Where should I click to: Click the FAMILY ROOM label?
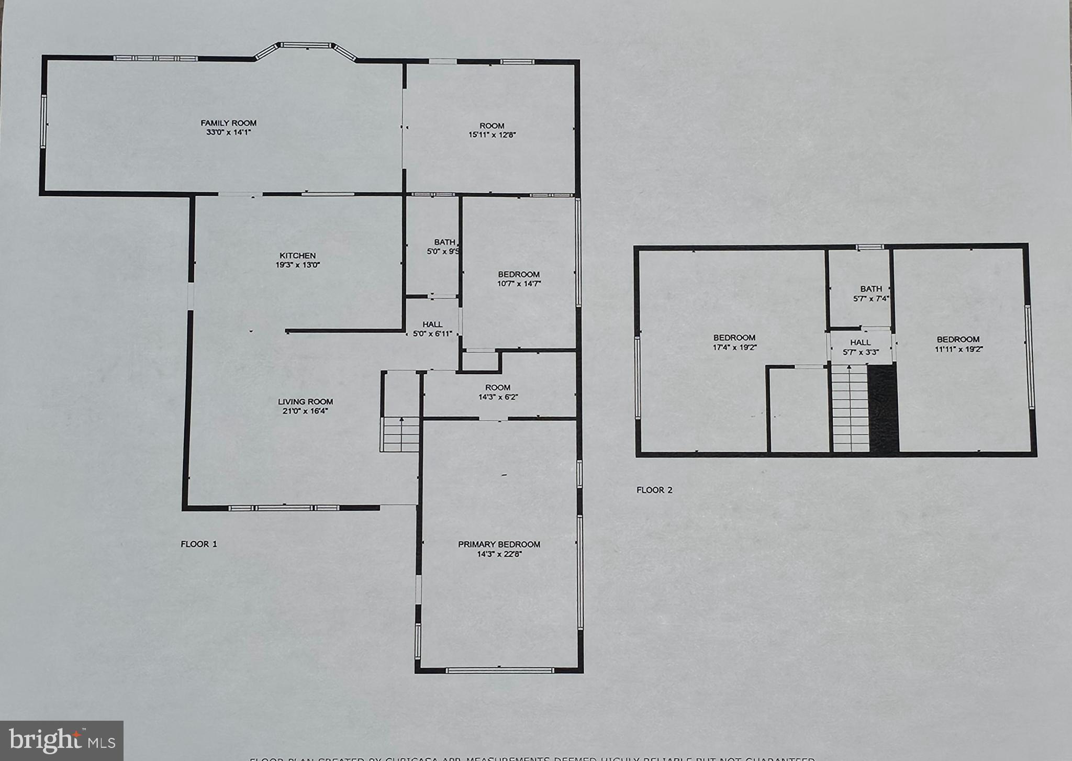pos(229,123)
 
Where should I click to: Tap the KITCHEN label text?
pos(297,255)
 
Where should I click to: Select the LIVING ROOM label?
pos(305,401)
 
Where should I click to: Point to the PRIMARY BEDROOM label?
pos(499,544)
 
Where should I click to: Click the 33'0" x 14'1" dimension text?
pos(229,132)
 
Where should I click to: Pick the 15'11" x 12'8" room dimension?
pos(492,135)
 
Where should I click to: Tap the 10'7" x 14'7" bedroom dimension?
pos(519,284)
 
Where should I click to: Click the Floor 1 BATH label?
pos(444,242)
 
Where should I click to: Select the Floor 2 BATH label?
pos(871,288)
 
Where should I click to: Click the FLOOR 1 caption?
pos(199,544)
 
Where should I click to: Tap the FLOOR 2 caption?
pos(654,490)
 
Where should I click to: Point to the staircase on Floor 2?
pos(851,408)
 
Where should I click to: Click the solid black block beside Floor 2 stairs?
pos(883,408)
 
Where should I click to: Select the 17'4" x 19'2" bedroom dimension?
pos(734,347)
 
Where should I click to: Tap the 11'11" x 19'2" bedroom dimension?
pos(958,349)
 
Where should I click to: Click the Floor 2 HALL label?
pos(861,343)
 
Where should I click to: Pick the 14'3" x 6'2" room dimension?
pos(497,397)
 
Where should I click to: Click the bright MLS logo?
pos(62,740)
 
